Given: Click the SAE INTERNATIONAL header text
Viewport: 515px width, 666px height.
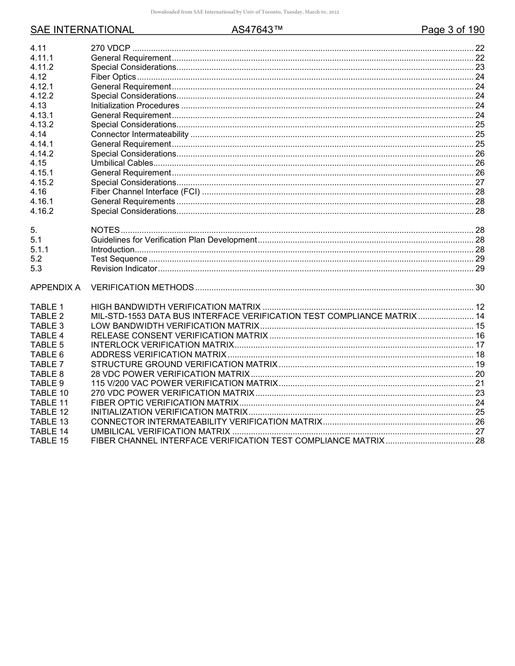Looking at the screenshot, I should (82, 30).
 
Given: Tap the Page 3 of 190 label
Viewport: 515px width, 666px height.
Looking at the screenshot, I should (453, 30).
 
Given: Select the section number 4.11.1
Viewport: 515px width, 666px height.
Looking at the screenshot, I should (42, 58).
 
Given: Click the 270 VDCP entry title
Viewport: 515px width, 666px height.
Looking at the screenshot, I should (111, 48).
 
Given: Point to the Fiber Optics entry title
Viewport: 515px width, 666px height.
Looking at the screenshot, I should (113, 77).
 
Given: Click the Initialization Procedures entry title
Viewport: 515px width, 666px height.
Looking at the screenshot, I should (135, 106).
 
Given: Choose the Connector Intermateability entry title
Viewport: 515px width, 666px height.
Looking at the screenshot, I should (140, 134).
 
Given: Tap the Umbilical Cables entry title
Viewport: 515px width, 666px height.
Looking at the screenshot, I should (122, 163).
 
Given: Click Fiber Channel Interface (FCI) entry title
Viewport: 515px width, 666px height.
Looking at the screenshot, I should (145, 192).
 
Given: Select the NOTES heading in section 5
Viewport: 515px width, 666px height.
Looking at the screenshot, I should (105, 230).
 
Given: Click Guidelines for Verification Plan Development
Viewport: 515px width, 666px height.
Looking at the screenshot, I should (173, 240).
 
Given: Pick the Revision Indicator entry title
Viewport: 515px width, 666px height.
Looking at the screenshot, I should (124, 269).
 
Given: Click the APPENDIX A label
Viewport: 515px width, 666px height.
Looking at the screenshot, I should (55, 288).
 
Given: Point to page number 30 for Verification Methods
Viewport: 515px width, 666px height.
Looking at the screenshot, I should (479, 288).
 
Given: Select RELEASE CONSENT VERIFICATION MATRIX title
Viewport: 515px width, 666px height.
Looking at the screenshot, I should (179, 336).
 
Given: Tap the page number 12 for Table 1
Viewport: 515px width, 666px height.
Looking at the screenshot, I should (479, 307).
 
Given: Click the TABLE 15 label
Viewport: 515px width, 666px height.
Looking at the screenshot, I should (49, 441).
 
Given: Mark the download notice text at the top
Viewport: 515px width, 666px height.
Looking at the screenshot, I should (244, 12).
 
